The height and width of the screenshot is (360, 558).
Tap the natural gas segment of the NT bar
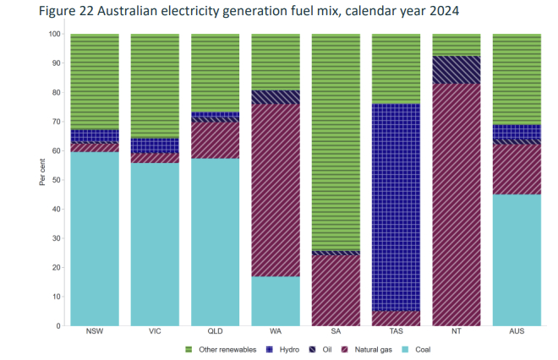tap(456, 203)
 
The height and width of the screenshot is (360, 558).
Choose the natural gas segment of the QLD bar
tap(215, 140)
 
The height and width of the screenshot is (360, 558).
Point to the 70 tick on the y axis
tap(56, 122)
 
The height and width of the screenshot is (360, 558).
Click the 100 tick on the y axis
tap(54, 34)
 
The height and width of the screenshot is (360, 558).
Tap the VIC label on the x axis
tap(155, 332)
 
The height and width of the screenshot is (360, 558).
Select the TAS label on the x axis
tap(396, 332)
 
